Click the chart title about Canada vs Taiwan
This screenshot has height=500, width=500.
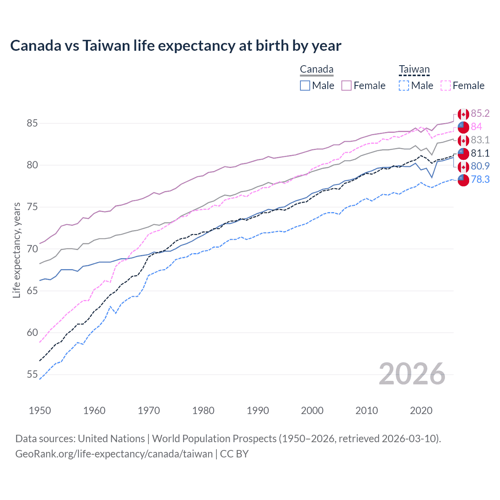(176, 46)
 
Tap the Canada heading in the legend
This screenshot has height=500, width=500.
(316, 70)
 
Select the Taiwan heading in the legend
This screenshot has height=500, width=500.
(414, 70)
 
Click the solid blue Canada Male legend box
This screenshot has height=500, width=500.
(305, 86)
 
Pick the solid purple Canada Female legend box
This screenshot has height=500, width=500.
(346, 86)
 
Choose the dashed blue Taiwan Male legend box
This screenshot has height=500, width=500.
(404, 86)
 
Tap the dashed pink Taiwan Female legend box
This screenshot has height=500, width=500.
(445, 86)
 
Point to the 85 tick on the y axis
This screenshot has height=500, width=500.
(32, 123)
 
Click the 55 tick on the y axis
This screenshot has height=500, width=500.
(32, 375)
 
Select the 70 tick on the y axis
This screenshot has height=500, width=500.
(32, 249)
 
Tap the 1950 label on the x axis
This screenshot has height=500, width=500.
(40, 411)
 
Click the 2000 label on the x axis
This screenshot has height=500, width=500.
(312, 411)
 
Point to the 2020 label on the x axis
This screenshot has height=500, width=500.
(421, 411)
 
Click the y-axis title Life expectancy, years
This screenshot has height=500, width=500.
(16, 250)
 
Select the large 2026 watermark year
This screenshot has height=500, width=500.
(412, 374)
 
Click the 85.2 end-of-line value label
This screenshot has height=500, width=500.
(480, 113)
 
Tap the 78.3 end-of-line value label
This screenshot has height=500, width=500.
(480, 179)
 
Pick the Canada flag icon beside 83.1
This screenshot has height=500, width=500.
(463, 140)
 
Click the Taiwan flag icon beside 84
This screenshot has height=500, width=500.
(463, 127)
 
